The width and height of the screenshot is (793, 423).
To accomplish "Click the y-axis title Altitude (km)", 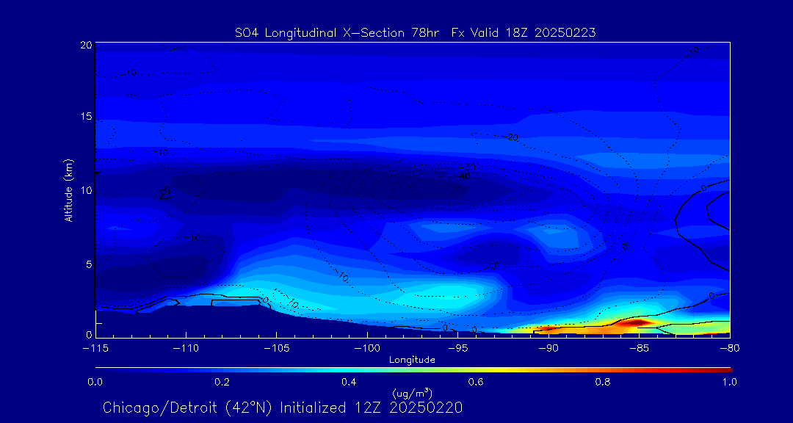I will click(68, 190).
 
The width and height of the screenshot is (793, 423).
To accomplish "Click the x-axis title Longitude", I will click(412, 360).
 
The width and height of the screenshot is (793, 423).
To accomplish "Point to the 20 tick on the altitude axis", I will click(87, 46).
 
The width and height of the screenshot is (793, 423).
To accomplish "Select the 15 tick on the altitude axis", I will click(87, 117).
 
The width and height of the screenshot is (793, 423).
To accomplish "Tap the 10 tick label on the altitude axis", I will click(87, 190).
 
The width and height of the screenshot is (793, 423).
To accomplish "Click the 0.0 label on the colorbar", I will click(95, 382).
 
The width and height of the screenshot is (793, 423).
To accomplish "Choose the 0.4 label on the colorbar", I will click(349, 382).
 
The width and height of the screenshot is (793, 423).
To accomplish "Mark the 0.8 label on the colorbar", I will click(603, 382).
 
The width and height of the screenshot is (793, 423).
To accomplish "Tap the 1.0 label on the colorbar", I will click(730, 382).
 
